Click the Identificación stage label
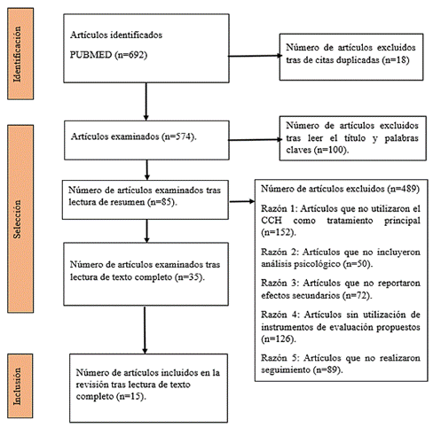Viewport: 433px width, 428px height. click(x=18, y=54)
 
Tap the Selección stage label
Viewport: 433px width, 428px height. click(x=18, y=219)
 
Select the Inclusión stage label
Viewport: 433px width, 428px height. click(x=18, y=386)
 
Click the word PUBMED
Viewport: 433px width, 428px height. click(x=91, y=55)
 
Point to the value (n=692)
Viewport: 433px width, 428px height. click(x=131, y=55)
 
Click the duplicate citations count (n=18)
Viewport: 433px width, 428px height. click(x=396, y=60)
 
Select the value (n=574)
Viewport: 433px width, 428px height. click(x=179, y=136)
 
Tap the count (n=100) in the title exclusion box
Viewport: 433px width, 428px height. click(x=333, y=150)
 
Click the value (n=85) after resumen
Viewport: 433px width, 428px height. click(x=162, y=202)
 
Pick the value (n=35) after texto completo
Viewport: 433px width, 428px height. click(x=190, y=277)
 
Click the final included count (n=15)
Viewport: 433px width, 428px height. click(x=131, y=396)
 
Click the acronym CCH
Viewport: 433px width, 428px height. click(x=272, y=221)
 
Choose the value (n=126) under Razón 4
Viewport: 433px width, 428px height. click(x=279, y=339)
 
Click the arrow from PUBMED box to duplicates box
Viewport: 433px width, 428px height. click(x=255, y=56)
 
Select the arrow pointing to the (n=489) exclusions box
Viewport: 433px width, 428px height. click(x=242, y=201)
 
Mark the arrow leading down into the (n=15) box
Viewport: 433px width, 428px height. click(x=145, y=330)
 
